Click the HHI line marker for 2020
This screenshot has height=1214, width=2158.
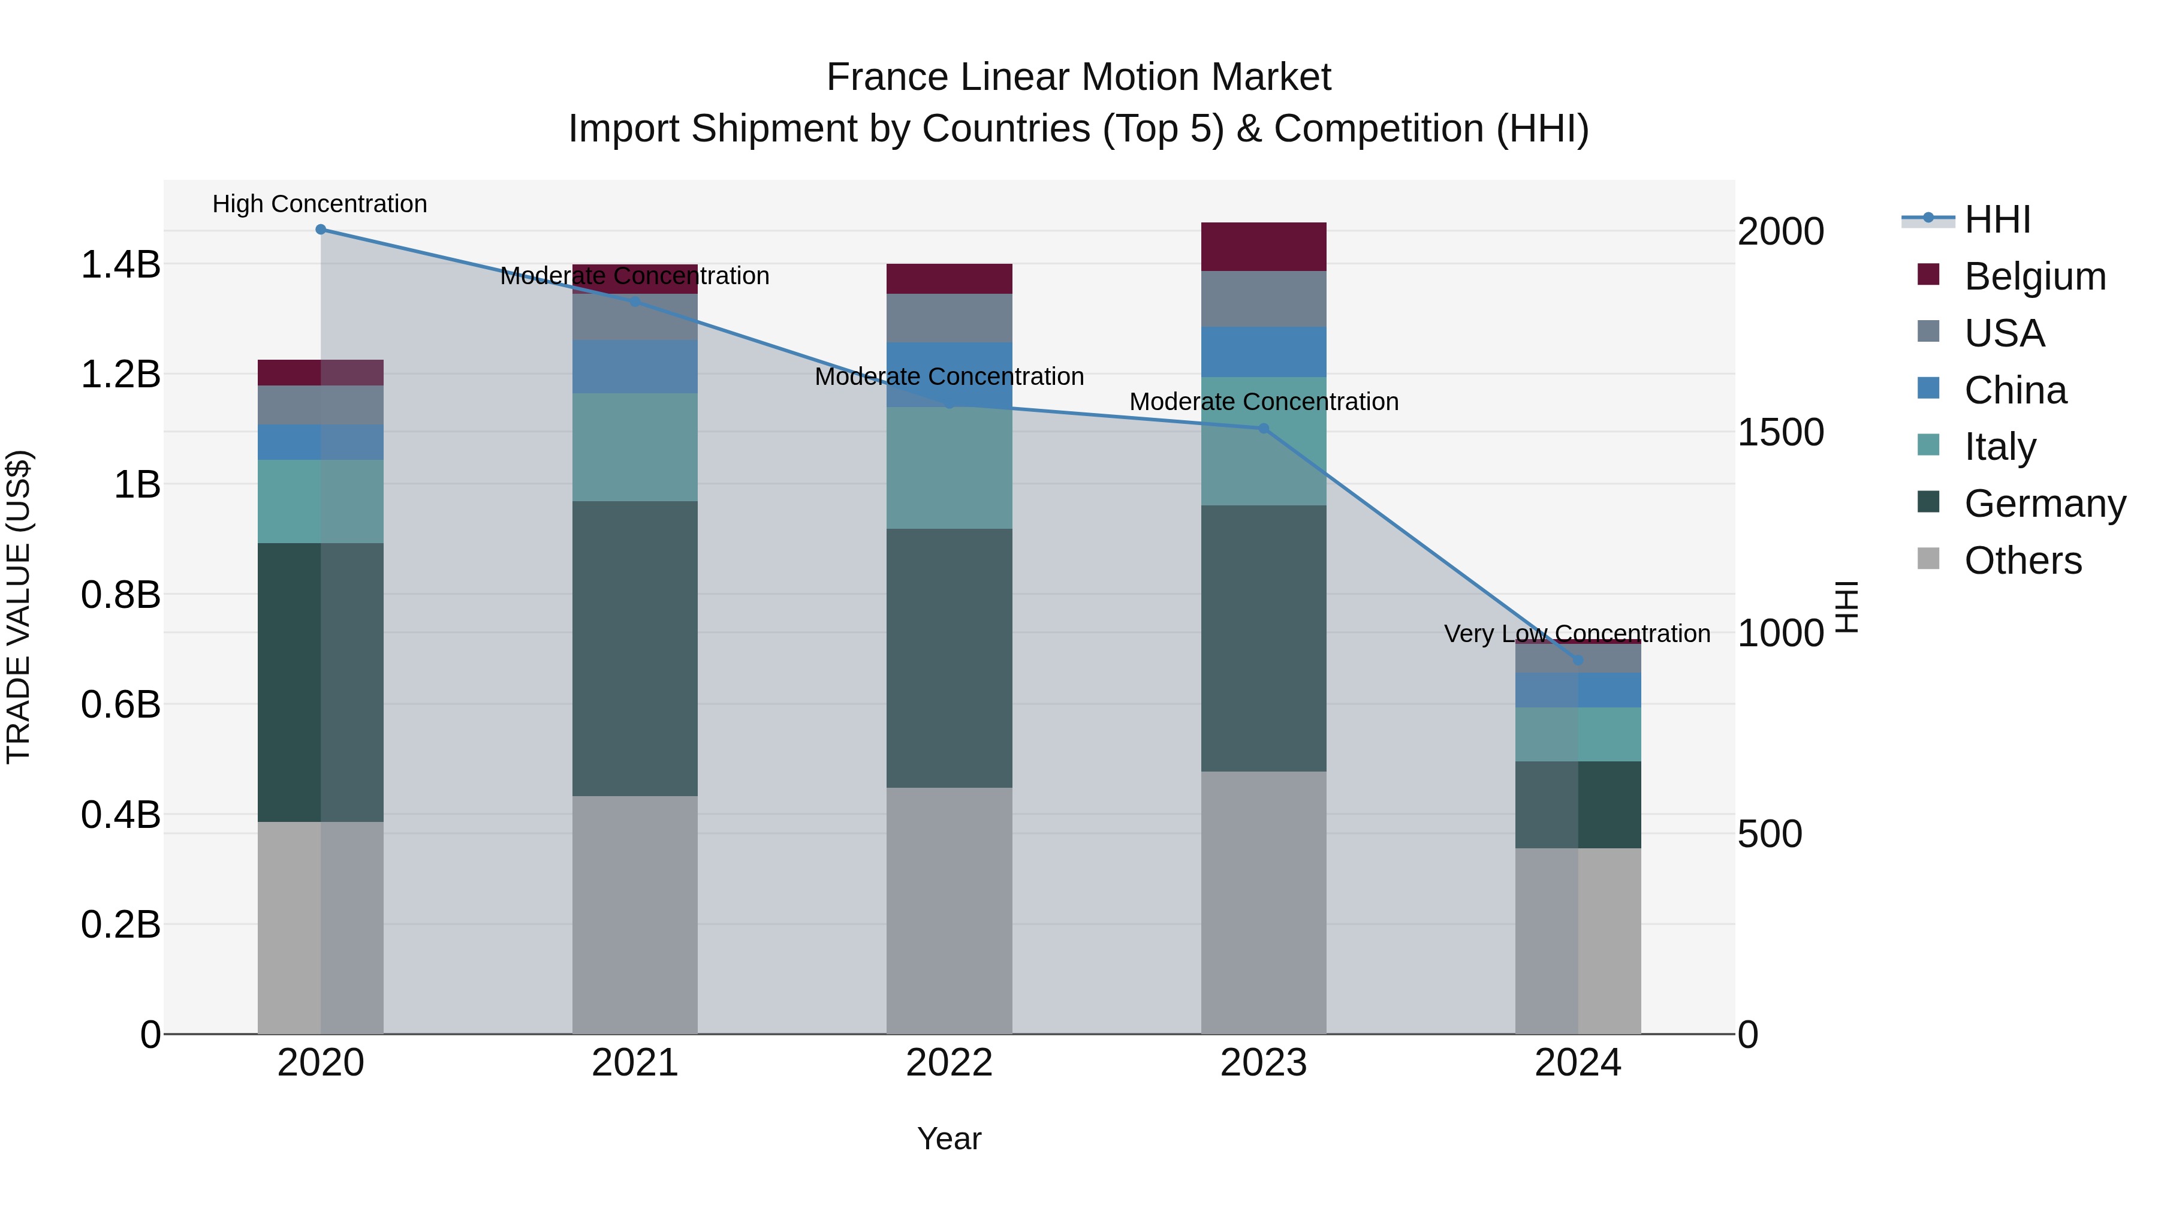click(x=320, y=230)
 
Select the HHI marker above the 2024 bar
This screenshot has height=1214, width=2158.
click(x=1578, y=660)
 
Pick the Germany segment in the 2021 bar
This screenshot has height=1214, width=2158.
click(x=634, y=649)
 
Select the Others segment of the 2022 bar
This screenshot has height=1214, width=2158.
click(x=949, y=911)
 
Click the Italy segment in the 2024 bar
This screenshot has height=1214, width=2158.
click(x=1578, y=735)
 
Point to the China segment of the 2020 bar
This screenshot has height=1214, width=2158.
click(x=320, y=442)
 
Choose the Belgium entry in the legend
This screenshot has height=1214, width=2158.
click(x=2034, y=276)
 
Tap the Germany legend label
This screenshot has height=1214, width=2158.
click(x=2044, y=504)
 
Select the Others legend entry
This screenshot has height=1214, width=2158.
click(x=2023, y=561)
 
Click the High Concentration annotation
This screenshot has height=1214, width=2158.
click(x=320, y=204)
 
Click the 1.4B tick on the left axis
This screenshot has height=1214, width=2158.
click(x=120, y=265)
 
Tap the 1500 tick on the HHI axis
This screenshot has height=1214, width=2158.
click(x=1780, y=432)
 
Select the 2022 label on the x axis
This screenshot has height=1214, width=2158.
click(x=949, y=1063)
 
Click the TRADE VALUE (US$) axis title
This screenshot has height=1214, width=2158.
click(x=19, y=607)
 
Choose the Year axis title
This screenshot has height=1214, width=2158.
click(x=948, y=1138)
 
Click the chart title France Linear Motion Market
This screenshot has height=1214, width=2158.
click(x=1078, y=77)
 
